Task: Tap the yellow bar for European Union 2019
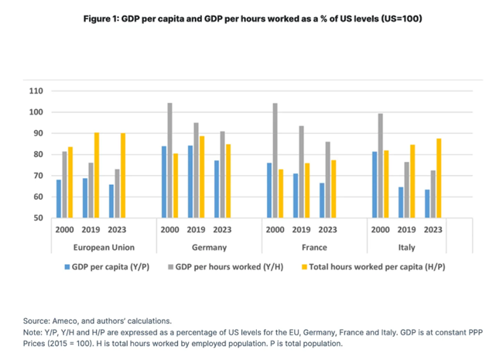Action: pos(96,175)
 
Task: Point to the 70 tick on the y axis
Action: pos(37,176)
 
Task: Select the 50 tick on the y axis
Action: pos(37,218)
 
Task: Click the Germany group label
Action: pos(209,248)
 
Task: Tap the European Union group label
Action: pos(104,248)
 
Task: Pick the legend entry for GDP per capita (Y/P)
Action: pos(105,267)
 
